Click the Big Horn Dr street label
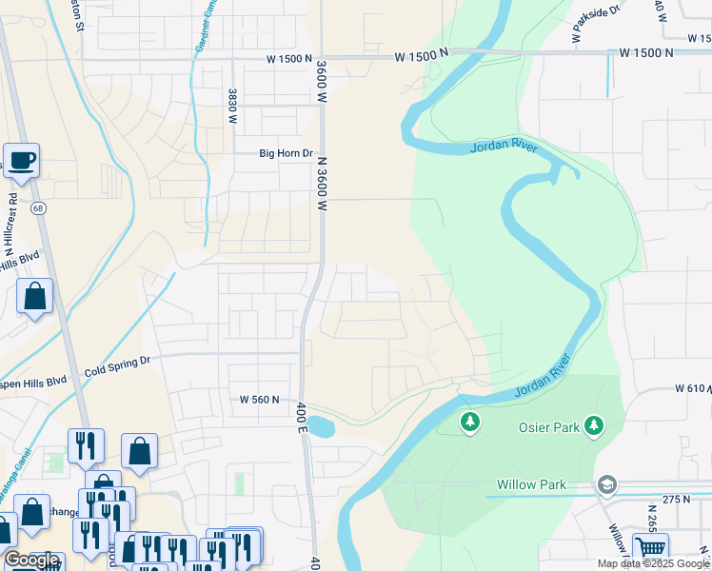[x=286, y=153]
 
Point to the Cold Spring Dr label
[x=117, y=362]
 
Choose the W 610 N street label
[x=693, y=389]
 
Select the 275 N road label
[x=676, y=499]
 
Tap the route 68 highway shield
[x=38, y=207]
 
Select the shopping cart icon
[x=650, y=548]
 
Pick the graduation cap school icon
[x=606, y=485]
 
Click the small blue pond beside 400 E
[x=320, y=426]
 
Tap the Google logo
[x=32, y=560]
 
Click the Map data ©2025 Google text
[x=653, y=563]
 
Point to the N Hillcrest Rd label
[x=12, y=220]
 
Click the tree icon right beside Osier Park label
[x=594, y=423]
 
